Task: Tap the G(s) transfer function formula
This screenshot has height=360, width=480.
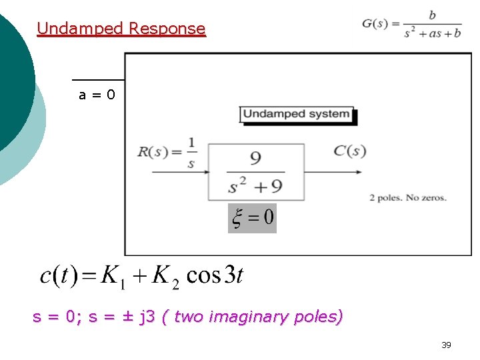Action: (411, 25)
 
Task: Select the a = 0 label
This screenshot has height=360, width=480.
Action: (97, 95)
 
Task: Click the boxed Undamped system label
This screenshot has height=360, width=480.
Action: (297, 114)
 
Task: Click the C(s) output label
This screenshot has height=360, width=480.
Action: (349, 151)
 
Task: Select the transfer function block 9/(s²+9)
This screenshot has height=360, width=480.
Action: (256, 171)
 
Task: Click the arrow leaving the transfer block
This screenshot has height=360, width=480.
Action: (333, 172)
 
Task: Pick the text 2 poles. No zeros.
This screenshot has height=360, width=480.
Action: (407, 197)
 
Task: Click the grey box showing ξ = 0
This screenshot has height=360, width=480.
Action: (252, 218)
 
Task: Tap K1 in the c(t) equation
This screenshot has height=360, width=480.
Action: (113, 276)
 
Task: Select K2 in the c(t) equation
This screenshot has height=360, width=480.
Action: (165, 276)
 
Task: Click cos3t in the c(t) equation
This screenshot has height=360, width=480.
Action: (215, 275)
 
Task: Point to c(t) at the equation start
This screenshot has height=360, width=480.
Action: (58, 275)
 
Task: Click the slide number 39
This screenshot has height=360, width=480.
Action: (446, 345)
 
